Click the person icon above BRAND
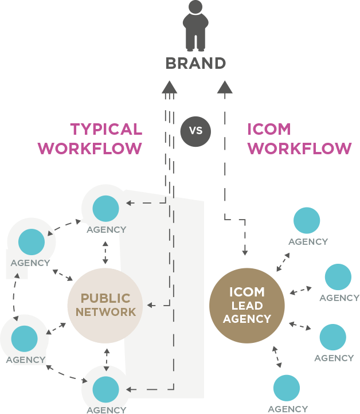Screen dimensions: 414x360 point(195,25)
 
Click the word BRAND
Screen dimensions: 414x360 point(195,63)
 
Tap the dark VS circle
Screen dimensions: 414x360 point(195,131)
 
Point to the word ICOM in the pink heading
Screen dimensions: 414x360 point(269,130)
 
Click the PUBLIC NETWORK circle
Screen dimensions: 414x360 point(105,304)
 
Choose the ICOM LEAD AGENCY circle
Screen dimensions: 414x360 point(246,305)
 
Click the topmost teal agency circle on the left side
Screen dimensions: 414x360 point(105,208)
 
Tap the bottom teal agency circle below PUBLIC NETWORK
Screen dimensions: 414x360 point(106,389)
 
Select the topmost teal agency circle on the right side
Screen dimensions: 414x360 point(307,221)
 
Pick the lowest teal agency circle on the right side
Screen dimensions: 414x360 point(287,388)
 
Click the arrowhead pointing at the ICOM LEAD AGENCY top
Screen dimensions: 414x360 point(245,253)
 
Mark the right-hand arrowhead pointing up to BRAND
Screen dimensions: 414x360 point(224,87)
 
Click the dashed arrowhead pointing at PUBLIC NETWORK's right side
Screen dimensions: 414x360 point(150,304)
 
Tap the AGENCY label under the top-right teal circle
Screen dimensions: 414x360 point(308,242)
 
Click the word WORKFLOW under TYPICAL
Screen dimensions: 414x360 point(90,149)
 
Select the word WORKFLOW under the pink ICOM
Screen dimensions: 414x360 point(299,149)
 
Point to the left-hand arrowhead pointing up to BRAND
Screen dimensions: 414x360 point(169,87)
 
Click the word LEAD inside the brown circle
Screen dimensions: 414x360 point(247,306)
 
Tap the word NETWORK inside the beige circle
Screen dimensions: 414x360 point(105,313)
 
